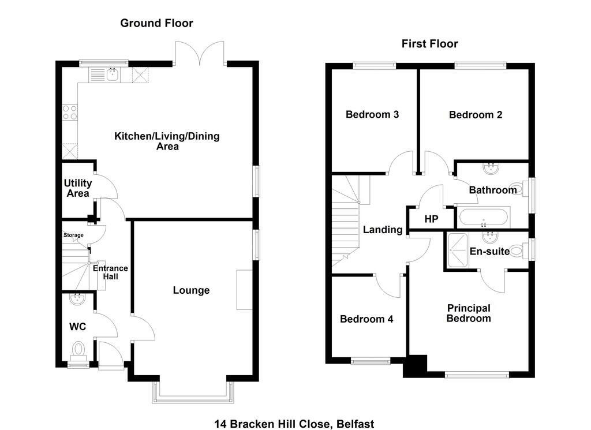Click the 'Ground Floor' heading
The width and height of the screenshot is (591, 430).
[x=156, y=23]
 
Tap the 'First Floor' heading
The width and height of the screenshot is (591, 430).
[x=429, y=44]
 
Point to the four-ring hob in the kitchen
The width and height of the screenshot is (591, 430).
[x=70, y=112]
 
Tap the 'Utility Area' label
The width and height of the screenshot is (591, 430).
[x=77, y=188]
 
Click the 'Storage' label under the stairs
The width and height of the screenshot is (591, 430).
[x=73, y=235]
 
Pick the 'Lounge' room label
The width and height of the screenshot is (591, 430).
[x=191, y=290]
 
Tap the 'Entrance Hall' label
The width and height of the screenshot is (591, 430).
[x=110, y=272]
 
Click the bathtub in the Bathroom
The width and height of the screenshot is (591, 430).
[x=484, y=218]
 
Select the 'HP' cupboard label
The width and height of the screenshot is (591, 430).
[x=431, y=219]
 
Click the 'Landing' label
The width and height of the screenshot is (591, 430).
[x=382, y=230]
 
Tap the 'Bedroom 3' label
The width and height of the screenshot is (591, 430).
[x=372, y=114]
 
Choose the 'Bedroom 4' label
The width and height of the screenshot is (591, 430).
[x=366, y=319]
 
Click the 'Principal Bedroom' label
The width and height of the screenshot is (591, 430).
[x=469, y=313]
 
